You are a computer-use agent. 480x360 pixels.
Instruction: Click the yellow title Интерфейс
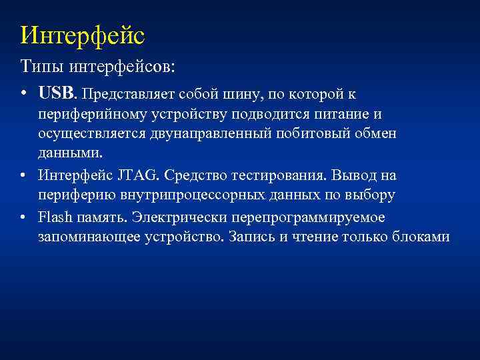pos(82,35)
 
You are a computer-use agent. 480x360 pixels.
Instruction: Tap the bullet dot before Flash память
pos(23,217)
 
